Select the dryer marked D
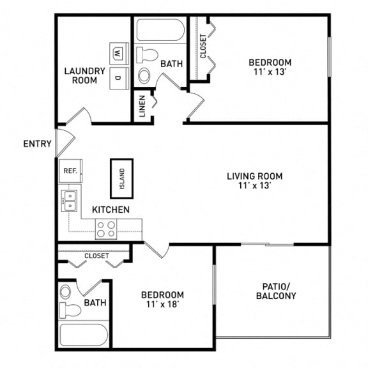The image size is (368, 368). coord(118,77)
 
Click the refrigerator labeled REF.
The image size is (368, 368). coord(70,171)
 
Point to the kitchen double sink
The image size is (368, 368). coord(69,201)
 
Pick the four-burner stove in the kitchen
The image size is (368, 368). coord(106,229)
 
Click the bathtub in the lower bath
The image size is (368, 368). coord(84,336)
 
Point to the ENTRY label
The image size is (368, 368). coord(37,144)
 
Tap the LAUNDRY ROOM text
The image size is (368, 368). coord(80,75)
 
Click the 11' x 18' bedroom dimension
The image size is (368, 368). coord(162,305)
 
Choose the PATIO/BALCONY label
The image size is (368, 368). coord(275,291)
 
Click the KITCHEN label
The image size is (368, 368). coord(111,210)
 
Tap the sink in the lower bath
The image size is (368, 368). coord(66,293)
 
